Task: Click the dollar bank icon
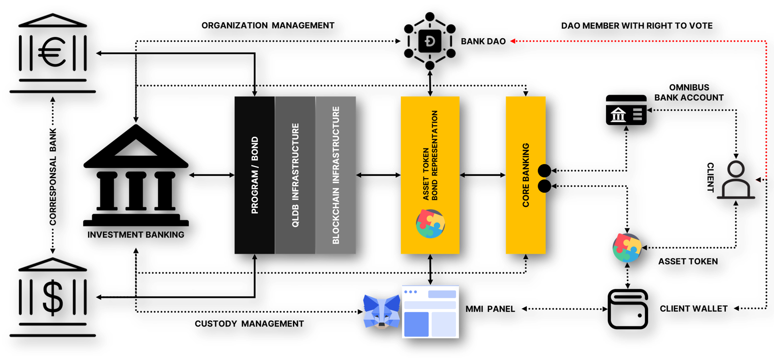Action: (52, 297)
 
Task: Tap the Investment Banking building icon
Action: (136, 175)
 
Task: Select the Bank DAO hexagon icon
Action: (430, 41)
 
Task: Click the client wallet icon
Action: (627, 309)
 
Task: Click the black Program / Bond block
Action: (254, 175)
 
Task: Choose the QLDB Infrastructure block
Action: (295, 175)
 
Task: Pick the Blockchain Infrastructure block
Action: (336, 175)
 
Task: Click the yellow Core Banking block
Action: (525, 175)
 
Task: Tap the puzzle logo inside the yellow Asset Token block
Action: (430, 224)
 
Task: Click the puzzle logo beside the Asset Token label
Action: (627, 248)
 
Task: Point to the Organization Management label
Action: (268, 26)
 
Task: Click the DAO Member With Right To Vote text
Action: (636, 26)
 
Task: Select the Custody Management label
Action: (249, 324)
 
